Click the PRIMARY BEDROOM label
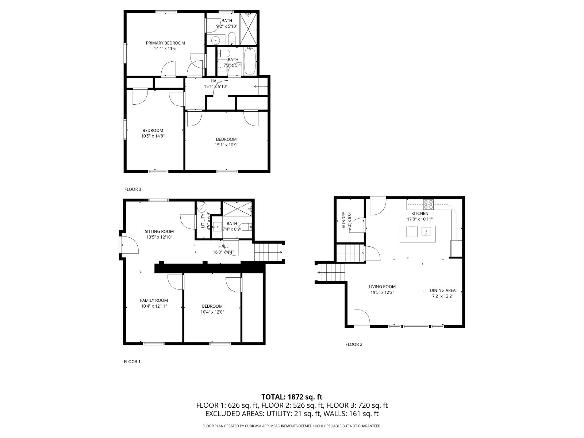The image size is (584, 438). [165, 43]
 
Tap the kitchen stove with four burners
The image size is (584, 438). [429, 203]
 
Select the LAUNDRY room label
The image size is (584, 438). [343, 222]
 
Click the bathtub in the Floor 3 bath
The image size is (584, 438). [250, 61]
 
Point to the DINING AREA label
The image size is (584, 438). [442, 291]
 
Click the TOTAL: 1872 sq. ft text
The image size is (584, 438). [292, 397]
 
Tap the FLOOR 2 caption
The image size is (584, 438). [354, 344]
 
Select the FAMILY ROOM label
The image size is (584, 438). [154, 300]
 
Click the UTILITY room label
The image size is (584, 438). [203, 221]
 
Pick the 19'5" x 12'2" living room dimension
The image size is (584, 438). [382, 292]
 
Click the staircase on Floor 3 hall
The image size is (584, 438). [261, 87]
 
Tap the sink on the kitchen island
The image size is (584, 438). [426, 231]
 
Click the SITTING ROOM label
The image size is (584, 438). [159, 231]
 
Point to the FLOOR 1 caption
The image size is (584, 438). [132, 362]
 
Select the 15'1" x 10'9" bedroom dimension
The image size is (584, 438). [226, 145]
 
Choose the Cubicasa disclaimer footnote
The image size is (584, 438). [292, 426]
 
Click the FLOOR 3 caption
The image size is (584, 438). [132, 189]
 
